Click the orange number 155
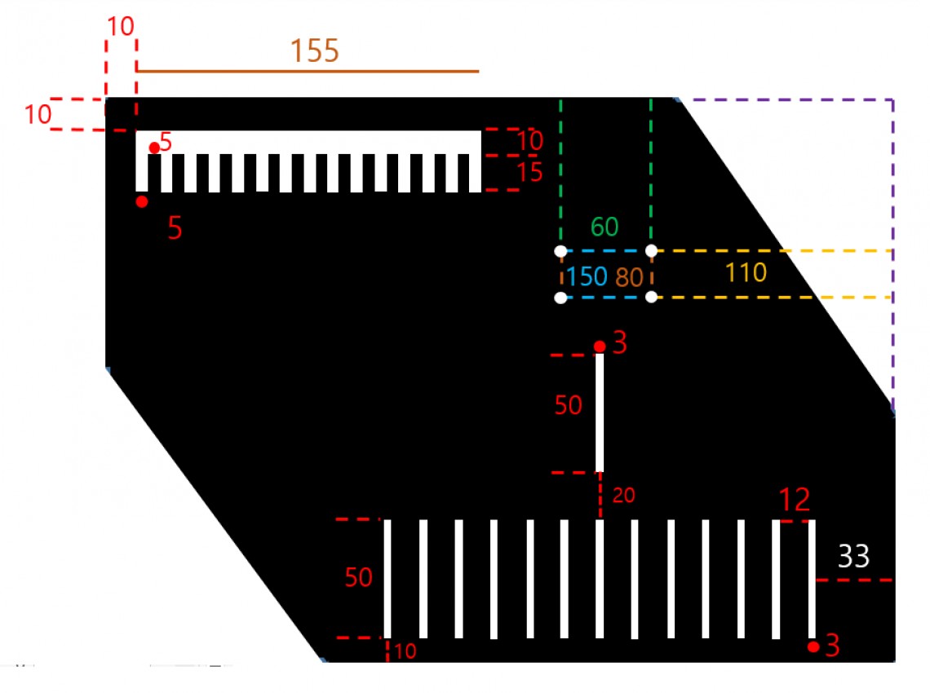(314, 51)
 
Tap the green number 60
(604, 227)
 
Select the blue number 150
(587, 276)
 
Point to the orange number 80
(629, 277)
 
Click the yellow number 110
(746, 272)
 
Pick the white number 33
(853, 556)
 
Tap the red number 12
(795, 500)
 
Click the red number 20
(623, 495)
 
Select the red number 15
(529, 173)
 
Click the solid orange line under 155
(308, 71)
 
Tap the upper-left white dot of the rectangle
(560, 251)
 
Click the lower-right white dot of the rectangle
(651, 297)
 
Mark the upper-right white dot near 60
(651, 251)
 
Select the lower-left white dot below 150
(560, 298)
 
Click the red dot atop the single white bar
(600, 346)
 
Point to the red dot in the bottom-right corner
(814, 647)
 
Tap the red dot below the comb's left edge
(142, 202)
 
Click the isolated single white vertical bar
(600, 413)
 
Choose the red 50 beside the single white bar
(569, 405)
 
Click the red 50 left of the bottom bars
(358, 577)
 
